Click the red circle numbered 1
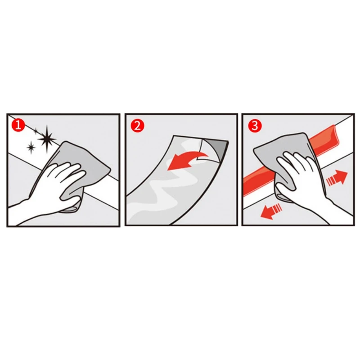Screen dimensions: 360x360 pos(18,126)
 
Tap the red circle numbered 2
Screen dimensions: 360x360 pos(137,126)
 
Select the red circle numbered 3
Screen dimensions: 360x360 pos(255,126)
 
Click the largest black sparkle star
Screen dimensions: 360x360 pos(47,139)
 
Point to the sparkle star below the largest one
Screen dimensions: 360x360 pos(31,147)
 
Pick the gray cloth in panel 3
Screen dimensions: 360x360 pos(285,156)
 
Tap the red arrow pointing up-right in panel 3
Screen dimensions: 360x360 pos(337,177)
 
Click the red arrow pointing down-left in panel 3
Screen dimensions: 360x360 pos(271,211)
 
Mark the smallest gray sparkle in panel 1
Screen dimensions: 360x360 pos(36,131)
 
